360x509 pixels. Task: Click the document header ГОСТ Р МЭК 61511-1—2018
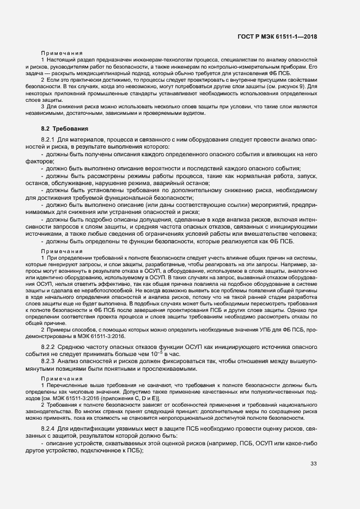pyautogui.click(x=277, y=36)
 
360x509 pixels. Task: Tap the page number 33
pyautogui.click(x=313, y=463)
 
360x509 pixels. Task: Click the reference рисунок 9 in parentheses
pyautogui.click(x=288, y=87)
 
